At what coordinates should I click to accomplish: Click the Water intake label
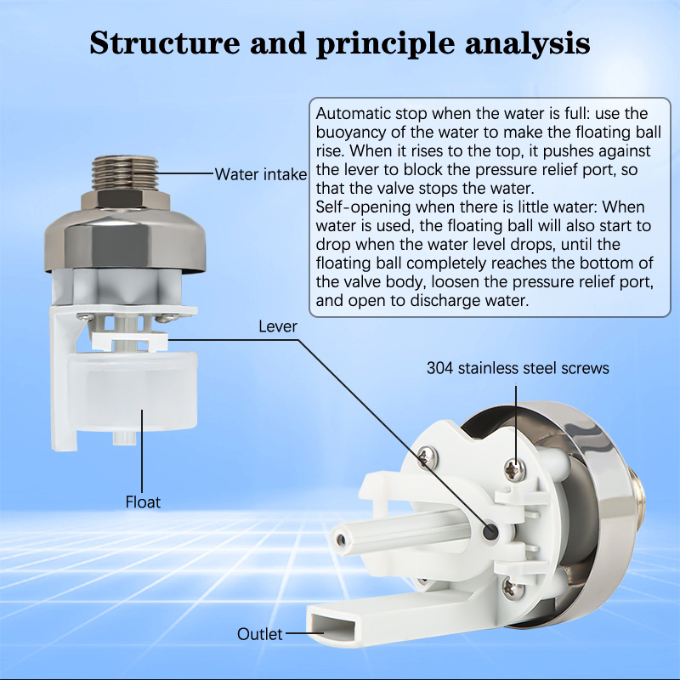(260, 175)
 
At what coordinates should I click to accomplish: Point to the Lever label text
(280, 326)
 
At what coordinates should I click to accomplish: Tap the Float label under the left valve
(142, 502)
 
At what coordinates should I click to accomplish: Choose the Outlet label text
(260, 634)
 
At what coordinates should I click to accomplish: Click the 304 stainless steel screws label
(518, 368)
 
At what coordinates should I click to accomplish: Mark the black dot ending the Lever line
(491, 530)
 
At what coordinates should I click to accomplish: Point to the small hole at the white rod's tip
(340, 539)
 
